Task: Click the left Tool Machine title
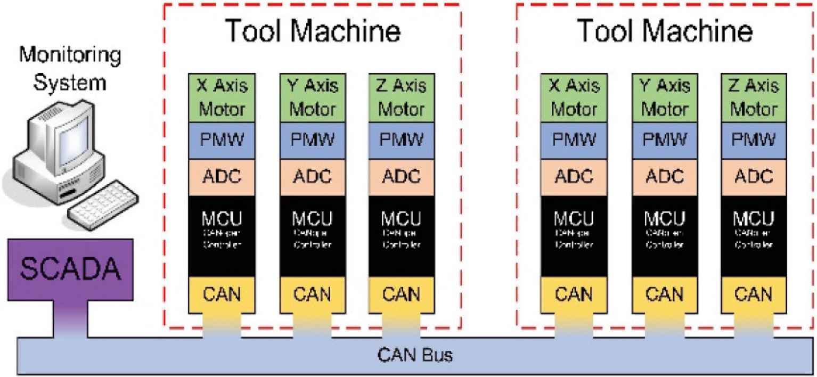click(313, 31)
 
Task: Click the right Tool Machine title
click(665, 31)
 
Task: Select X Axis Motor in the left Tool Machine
click(222, 97)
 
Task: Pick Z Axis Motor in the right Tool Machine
click(753, 97)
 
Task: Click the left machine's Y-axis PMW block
click(312, 141)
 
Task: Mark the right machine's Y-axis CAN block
click(664, 293)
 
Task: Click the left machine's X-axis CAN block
click(222, 293)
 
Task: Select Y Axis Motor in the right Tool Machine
click(664, 97)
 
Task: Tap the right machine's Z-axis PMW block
click(753, 141)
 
